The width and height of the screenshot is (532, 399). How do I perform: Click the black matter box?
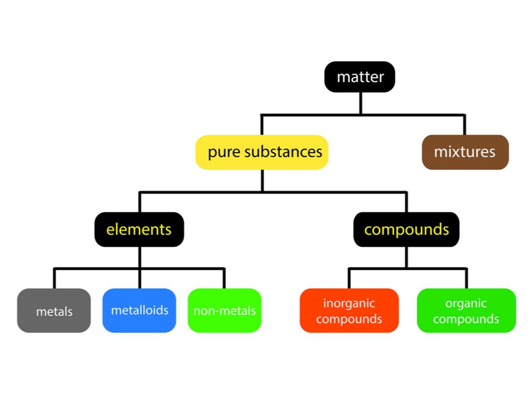coord(360,77)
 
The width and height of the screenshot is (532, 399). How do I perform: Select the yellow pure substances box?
coord(262,152)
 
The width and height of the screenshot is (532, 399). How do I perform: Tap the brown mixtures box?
coord(465,152)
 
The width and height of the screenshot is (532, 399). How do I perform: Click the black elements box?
coord(139,229)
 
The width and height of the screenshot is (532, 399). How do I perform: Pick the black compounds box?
coord(406,229)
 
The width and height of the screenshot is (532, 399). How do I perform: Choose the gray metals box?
coord(54,311)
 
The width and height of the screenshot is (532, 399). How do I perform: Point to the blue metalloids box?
coord(139,311)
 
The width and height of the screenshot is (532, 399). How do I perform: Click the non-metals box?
coord(225,311)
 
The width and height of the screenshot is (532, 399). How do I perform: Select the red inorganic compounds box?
coord(349,311)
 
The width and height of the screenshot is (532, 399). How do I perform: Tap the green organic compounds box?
coord(467,311)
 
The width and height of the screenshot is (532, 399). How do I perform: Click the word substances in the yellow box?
coord(284,152)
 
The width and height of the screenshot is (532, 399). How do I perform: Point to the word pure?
coord(225,153)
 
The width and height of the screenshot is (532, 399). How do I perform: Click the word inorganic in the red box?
coord(349,303)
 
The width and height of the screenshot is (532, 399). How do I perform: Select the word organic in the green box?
coord(466,303)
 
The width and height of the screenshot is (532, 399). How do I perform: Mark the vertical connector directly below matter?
coord(361,104)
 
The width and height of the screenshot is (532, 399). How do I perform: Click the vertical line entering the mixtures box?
coord(464,125)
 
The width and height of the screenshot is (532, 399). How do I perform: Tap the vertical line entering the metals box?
coord(54,279)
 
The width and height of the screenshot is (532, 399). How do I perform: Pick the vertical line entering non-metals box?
coord(225,279)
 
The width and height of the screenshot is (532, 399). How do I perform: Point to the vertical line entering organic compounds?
coord(467,279)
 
